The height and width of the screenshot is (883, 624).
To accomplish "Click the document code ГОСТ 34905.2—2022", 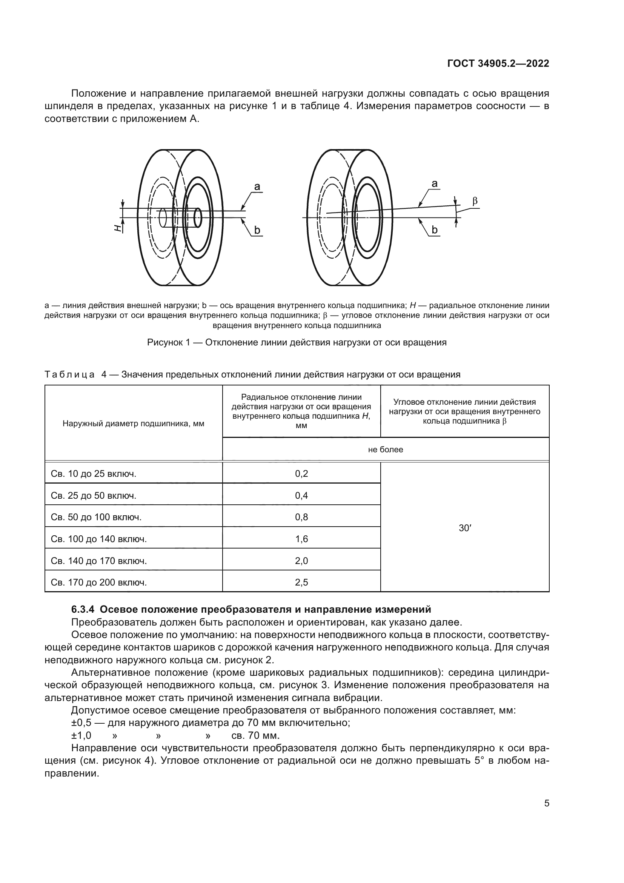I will pos(498,64).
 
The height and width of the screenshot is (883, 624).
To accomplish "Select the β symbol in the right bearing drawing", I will pos(475,201).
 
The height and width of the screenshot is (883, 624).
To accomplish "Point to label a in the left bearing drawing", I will pos(257,187).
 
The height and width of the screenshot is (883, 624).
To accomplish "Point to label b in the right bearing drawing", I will pos(434,230).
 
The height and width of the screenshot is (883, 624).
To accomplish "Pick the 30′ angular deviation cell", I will pos(464,528).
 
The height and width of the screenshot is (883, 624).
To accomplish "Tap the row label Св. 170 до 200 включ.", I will pos(99,582).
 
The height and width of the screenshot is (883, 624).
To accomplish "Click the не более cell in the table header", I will pos(386,449).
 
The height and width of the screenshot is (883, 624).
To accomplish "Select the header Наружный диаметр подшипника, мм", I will pos(133,424).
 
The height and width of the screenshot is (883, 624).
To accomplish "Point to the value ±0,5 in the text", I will pos(81,723).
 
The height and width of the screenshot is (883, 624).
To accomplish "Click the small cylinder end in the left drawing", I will pos(198,218).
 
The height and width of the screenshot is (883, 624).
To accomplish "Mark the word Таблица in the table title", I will pos(69,374).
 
